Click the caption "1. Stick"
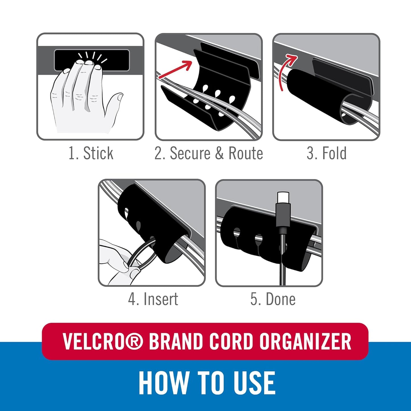click(x=91, y=153)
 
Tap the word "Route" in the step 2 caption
click(x=246, y=153)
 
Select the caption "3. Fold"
click(x=327, y=153)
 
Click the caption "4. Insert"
click(x=153, y=299)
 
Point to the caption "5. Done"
click(x=273, y=299)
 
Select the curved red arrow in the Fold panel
click(x=286, y=71)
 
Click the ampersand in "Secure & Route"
click(x=219, y=153)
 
